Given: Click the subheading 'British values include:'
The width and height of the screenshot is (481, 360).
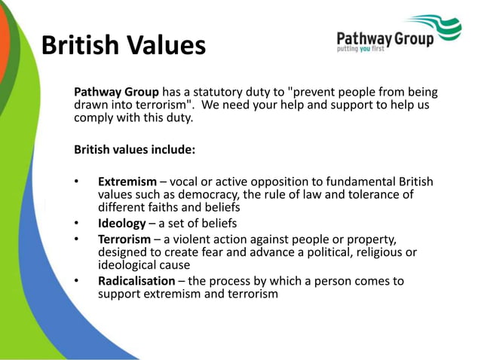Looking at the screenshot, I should [134, 150].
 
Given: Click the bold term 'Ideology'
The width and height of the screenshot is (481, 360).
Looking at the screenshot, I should [124, 224].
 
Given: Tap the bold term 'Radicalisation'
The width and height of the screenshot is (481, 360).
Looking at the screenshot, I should [136, 281].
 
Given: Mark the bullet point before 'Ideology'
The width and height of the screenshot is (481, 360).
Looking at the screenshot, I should [77, 224].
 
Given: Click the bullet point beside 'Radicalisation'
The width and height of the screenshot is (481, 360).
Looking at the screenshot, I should [77, 281].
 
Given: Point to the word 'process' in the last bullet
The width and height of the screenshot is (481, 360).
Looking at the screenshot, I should [231, 281].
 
